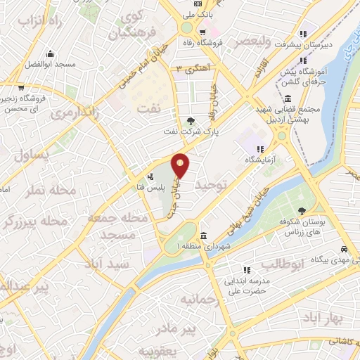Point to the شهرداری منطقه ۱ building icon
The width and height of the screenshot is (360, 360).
[203, 236]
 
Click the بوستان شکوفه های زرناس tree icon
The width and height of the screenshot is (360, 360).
[302, 210]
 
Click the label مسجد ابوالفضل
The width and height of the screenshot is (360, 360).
[50, 63]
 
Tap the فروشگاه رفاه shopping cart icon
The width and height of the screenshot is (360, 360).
[202, 32]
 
